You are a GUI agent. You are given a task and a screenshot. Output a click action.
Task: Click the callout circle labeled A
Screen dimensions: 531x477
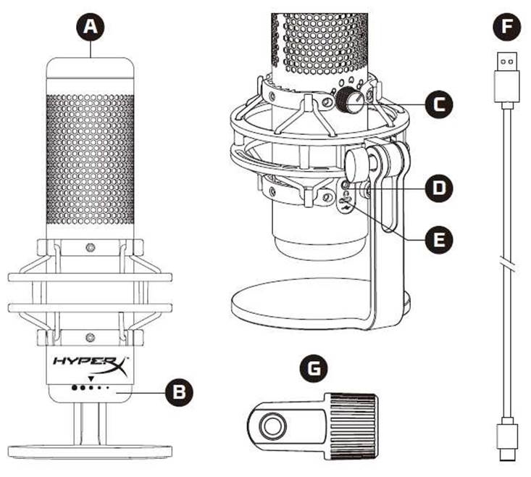point(90,27)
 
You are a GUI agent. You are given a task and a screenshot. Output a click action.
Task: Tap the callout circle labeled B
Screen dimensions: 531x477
point(179,392)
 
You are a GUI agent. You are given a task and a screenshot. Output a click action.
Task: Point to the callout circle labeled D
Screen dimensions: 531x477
point(439,188)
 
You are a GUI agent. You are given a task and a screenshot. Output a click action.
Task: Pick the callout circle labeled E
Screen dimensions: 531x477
point(439,240)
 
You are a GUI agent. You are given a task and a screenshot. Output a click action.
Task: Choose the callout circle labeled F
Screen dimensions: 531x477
point(506,27)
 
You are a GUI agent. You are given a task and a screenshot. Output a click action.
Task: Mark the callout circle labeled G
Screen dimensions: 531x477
point(314,368)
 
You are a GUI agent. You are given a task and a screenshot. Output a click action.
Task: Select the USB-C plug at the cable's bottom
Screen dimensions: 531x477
point(506,439)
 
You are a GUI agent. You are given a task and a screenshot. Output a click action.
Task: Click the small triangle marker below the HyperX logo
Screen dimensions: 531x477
point(91,378)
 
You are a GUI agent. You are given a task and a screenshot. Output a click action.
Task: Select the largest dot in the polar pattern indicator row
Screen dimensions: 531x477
point(75,388)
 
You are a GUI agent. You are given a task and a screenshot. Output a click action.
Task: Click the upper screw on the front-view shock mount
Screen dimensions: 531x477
point(90,247)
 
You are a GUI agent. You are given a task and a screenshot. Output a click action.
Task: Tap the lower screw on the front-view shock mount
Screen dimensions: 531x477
point(90,337)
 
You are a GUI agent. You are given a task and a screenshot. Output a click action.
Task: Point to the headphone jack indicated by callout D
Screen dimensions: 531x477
point(345,185)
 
